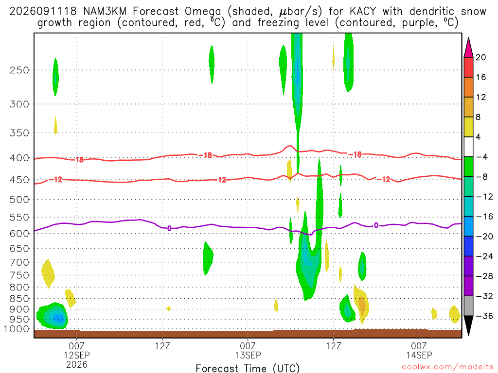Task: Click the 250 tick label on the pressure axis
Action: coord(19,70)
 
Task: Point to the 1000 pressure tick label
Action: coord(17,329)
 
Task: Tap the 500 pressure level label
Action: coord(19,200)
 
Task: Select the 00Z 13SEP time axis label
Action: coord(248,350)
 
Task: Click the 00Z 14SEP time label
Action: coord(419,350)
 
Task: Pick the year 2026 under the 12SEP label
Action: coord(76,364)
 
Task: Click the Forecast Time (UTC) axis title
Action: coord(248,368)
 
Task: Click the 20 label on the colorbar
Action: coord(481,57)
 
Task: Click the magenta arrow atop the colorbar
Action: coord(468,48)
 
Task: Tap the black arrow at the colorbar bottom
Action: coord(468,325)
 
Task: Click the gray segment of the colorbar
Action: coord(468,306)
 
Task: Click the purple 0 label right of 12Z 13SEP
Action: coord(376,225)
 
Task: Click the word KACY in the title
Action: coord(362,12)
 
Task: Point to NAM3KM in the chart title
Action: coord(105,12)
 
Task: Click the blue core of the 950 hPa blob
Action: coord(57,318)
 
